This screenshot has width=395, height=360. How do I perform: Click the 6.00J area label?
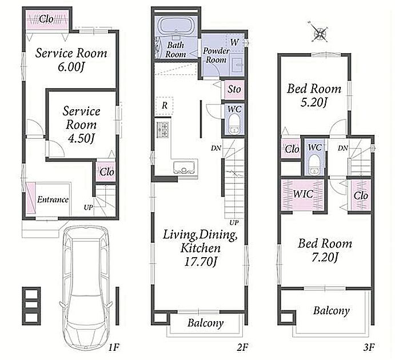(71, 67)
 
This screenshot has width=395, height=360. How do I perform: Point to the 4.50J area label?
(81, 138)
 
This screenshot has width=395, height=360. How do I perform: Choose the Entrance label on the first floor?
(53, 199)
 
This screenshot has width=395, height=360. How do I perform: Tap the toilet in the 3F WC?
(314, 164)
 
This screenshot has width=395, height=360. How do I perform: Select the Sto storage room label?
(234, 89)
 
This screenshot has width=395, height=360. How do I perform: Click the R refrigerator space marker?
(165, 106)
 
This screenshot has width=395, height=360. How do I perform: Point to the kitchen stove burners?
(162, 130)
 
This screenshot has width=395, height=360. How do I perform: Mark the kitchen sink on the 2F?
(184, 167)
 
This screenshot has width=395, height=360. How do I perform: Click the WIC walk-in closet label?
(304, 194)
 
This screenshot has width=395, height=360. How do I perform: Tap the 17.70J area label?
(200, 262)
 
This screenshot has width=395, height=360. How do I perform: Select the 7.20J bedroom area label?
(325, 257)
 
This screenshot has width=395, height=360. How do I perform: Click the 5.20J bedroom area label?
(314, 102)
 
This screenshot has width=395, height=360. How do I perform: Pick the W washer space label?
(234, 42)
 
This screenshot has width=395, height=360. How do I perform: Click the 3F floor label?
(369, 347)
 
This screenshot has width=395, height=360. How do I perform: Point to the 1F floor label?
(113, 347)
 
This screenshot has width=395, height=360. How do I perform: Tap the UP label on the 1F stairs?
(89, 207)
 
